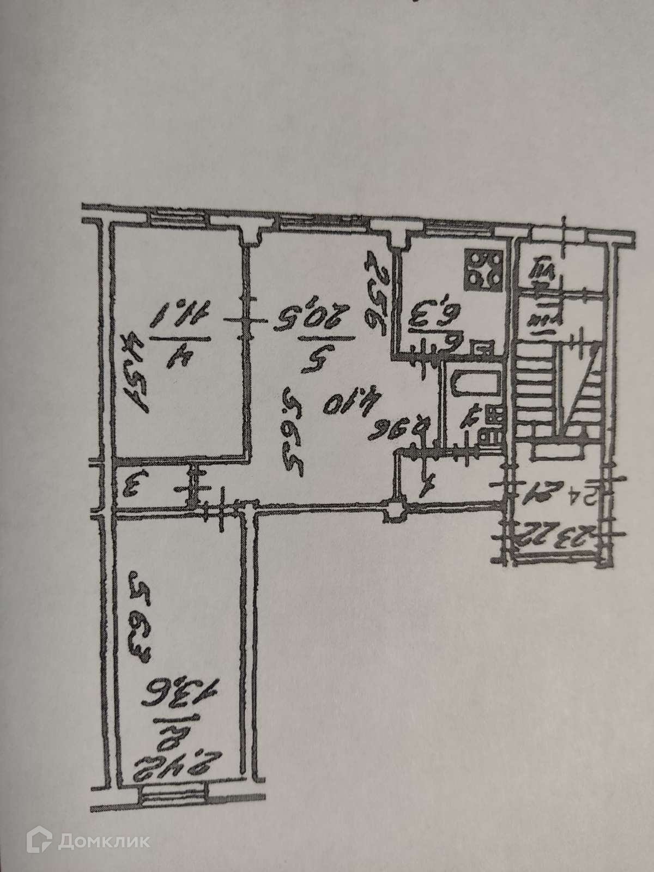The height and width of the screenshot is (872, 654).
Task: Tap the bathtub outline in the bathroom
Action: pyautogui.click(x=474, y=387)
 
